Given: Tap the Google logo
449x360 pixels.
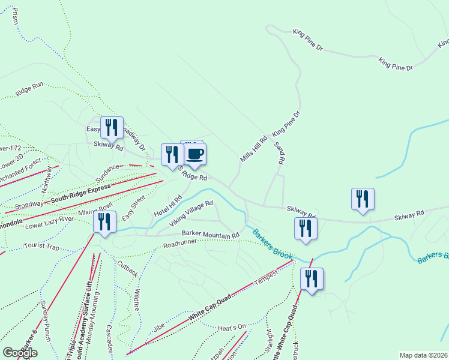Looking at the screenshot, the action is pos(20,353).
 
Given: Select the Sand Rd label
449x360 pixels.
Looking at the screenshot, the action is pos(278,154).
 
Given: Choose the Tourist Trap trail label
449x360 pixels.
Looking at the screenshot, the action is pos(42,247).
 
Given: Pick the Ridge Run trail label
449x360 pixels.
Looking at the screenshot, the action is pos(30,90).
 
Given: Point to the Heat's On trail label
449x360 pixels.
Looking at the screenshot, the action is pos(232,328).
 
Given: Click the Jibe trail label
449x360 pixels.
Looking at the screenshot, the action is pos(158,328).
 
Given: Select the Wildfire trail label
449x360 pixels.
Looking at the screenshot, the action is pos(137,298).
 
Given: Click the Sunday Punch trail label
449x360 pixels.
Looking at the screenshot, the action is pos(46,322).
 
